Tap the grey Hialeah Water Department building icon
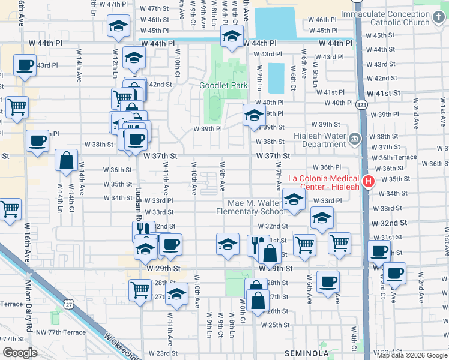point(354,139)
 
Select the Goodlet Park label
point(223,85)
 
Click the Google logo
point(20,352)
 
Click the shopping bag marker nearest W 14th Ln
point(66,161)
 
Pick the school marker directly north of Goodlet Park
point(230,38)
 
